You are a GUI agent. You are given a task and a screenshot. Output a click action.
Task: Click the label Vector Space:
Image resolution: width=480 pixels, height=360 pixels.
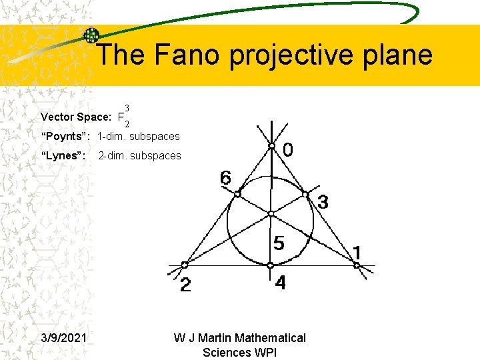[x=75, y=117]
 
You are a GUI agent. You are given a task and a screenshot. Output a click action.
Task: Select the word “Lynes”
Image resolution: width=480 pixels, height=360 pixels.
[x=63, y=156]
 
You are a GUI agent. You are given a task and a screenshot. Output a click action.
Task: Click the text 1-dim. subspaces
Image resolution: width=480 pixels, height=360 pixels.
[x=138, y=137]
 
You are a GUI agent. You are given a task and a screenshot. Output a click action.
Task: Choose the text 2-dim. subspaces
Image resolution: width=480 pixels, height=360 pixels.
[x=139, y=156]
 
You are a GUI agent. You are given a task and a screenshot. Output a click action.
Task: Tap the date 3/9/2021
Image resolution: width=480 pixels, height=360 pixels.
[x=63, y=338]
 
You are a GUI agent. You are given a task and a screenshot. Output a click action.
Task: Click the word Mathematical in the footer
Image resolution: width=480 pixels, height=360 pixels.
[x=271, y=338]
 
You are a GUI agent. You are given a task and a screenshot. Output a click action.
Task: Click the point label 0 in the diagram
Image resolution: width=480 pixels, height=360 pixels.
[x=287, y=151]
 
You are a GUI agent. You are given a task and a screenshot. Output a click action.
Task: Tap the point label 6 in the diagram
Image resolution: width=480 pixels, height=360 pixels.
[x=226, y=178]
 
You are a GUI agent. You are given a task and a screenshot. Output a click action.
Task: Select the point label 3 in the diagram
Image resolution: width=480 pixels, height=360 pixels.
[x=322, y=202]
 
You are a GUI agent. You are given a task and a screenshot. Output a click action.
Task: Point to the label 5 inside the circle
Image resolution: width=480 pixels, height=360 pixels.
[x=279, y=243]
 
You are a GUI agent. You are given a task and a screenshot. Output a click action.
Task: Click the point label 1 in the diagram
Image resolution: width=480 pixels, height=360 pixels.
[x=357, y=253]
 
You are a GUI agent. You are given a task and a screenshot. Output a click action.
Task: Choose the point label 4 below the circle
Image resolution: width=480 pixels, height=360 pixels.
[x=280, y=283]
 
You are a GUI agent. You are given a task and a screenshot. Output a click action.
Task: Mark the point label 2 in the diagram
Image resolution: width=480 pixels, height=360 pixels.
[x=186, y=286]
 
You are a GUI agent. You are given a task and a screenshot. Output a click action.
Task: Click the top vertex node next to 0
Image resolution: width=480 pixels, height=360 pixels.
[x=271, y=146]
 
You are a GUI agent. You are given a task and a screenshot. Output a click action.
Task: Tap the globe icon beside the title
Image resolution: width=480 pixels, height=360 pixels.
[x=91, y=35]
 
